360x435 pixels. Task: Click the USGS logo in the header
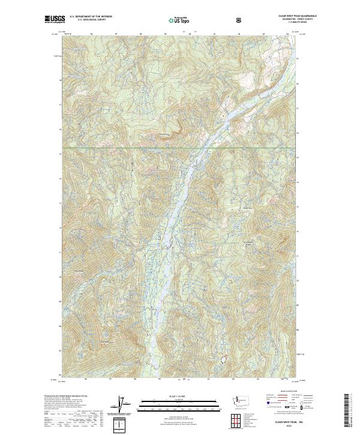[55, 20]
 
